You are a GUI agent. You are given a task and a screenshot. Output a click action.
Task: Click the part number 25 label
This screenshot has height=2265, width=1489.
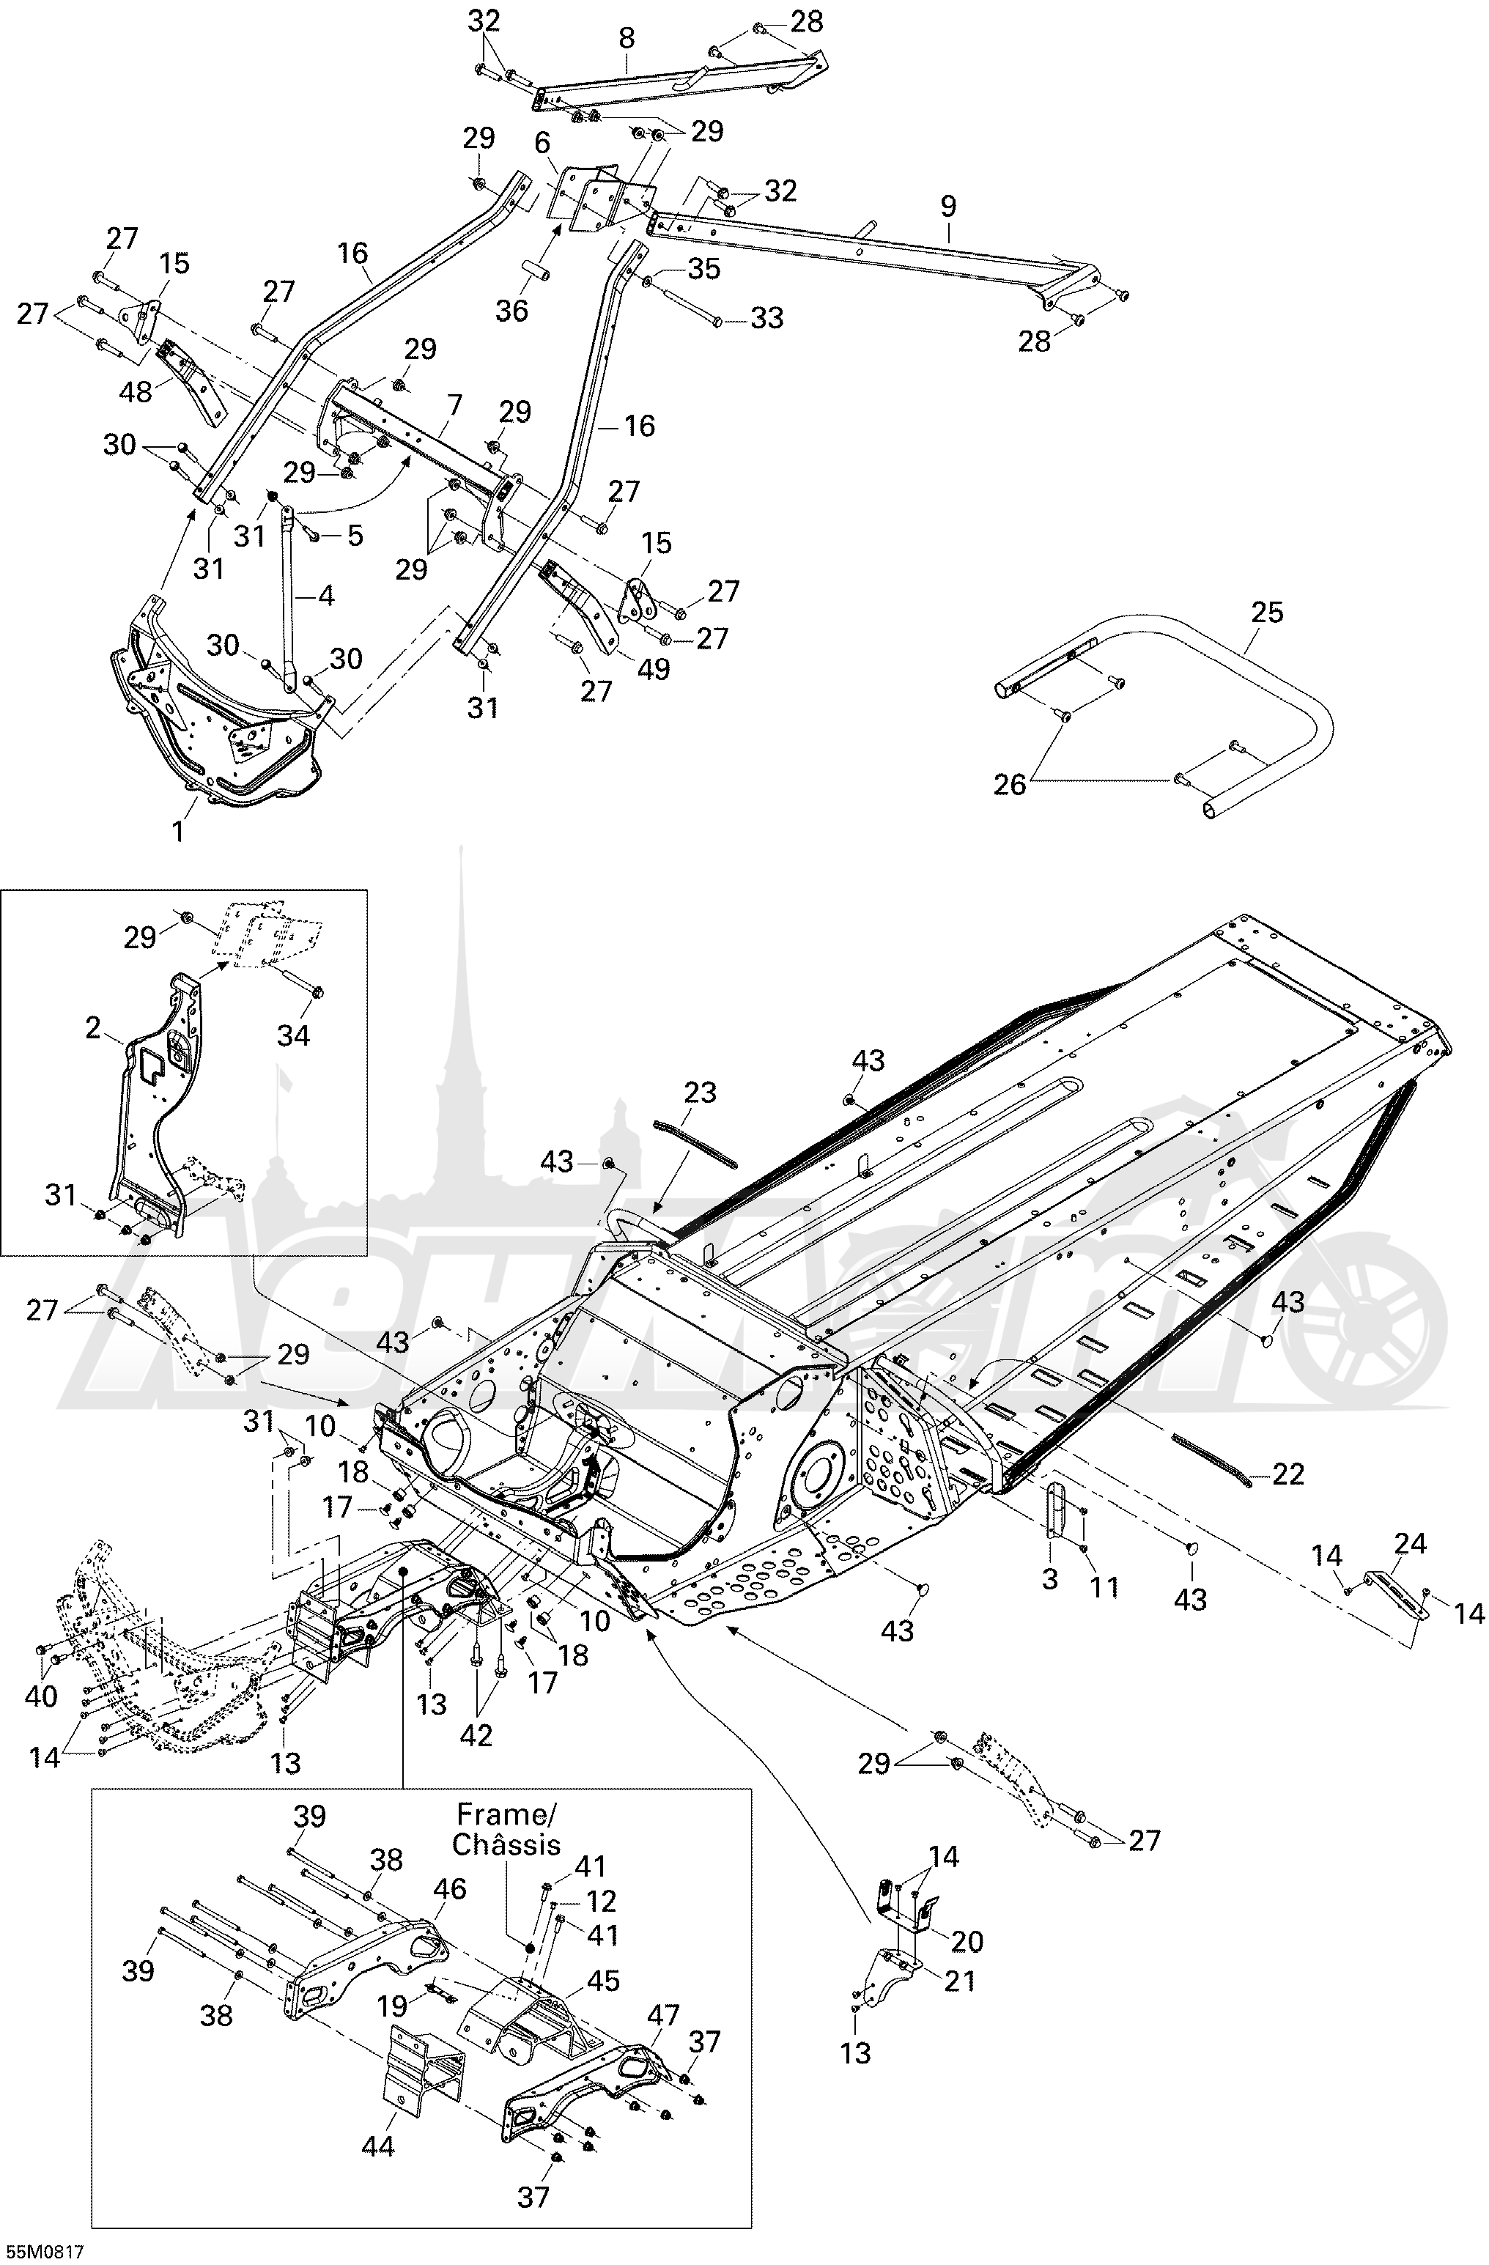coord(1266,612)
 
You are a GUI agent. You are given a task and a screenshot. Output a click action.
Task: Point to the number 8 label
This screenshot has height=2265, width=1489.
coord(626,38)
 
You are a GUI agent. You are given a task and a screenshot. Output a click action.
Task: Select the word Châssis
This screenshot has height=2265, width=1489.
coord(506,1844)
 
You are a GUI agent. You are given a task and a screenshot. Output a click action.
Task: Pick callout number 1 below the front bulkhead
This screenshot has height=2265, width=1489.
coord(177,831)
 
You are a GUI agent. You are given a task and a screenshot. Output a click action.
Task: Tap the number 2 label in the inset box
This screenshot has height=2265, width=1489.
coord(93,1028)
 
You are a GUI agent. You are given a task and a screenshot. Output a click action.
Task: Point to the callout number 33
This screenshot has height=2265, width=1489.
coord(767,318)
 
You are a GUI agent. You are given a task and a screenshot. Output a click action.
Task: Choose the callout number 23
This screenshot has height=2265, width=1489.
coord(701,1093)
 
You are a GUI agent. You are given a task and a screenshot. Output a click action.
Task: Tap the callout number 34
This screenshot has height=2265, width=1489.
coord(293,1035)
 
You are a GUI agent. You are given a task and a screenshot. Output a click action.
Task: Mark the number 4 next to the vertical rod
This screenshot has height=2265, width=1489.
coord(325,596)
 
